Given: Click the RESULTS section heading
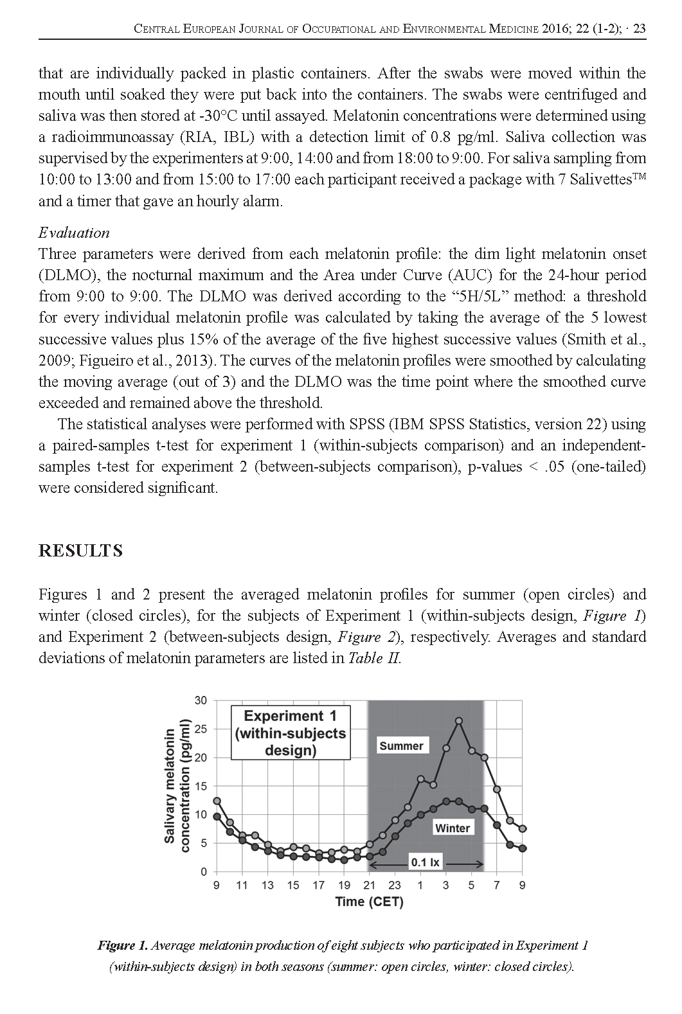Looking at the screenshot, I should click(x=80, y=551).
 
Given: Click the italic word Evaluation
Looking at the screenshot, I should click(x=74, y=233).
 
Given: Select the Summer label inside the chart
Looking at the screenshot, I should click(x=401, y=746).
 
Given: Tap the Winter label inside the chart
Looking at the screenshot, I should click(x=453, y=828).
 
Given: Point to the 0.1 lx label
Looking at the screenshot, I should click(x=425, y=862).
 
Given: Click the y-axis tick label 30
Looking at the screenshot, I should click(x=201, y=700).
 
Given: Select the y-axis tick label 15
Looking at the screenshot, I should click(x=201, y=787).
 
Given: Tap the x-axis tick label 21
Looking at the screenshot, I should click(x=370, y=885).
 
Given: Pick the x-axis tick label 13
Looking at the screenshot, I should click(x=267, y=885).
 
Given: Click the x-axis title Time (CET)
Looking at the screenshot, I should click(x=369, y=902).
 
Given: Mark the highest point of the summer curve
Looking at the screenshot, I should click(x=459, y=721).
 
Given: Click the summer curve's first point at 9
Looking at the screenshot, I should click(x=217, y=801).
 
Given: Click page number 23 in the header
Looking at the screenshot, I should click(x=639, y=28).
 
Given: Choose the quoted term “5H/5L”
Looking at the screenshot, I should click(x=472, y=296).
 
